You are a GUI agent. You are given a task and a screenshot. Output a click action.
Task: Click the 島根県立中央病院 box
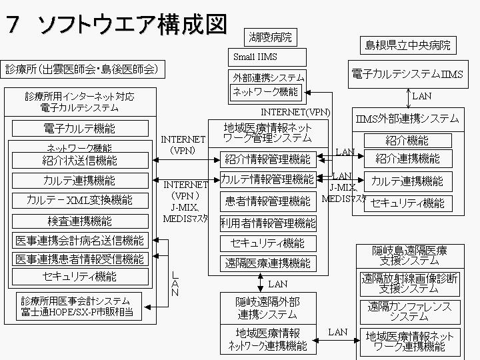[x=407, y=45]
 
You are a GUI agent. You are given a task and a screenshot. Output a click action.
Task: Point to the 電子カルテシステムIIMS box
[x=407, y=74]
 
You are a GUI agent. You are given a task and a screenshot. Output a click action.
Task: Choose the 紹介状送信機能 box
[x=81, y=160]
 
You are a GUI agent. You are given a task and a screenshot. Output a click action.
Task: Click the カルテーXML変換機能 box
[x=81, y=200]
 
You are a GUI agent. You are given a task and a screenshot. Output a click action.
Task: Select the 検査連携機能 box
[x=81, y=221]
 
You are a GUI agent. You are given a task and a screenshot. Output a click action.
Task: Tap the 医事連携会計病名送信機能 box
[x=81, y=241]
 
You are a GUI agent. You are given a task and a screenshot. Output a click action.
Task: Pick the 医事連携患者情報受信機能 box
[x=81, y=259]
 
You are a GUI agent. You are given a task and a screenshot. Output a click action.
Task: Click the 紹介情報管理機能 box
[x=267, y=159]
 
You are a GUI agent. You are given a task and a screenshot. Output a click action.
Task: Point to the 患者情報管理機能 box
[x=267, y=201]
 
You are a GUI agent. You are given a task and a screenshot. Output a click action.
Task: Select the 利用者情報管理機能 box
[x=267, y=223]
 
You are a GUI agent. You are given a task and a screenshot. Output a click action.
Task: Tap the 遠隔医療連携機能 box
[x=267, y=263]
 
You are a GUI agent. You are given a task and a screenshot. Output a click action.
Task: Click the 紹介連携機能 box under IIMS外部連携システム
[x=407, y=159]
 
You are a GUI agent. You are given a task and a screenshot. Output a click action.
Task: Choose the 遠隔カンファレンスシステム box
[x=409, y=311]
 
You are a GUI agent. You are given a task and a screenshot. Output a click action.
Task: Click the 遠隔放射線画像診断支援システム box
[x=409, y=283]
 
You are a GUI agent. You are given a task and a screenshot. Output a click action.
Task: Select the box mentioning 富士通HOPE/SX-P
[x=77, y=306]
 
